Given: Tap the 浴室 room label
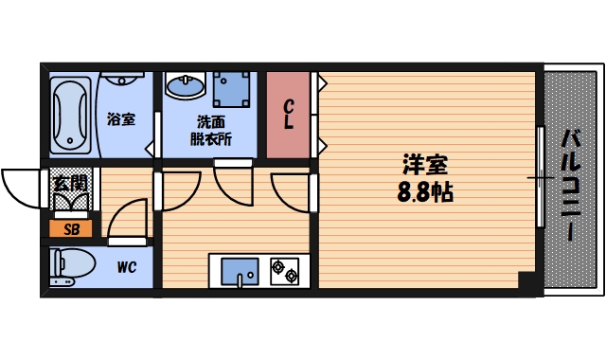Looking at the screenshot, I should point(121,119).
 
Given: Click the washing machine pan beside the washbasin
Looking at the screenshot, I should point(230,91).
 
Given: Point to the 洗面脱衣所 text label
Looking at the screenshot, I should point(213,131).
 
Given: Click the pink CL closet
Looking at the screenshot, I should point(288,115).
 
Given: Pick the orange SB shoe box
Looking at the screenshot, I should point(71,228).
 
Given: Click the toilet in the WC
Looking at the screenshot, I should point(72,266).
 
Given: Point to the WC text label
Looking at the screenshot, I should point(127,267).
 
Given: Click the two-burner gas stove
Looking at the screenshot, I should point(285,271).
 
